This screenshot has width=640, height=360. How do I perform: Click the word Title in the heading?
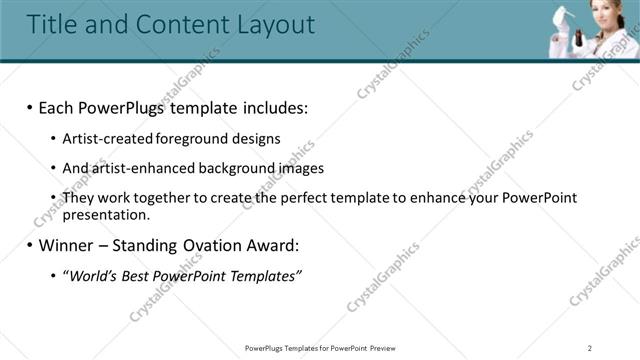click(x=54, y=24)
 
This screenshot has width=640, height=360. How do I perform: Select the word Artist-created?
click(x=103, y=139)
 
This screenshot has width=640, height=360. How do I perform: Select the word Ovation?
click(x=213, y=245)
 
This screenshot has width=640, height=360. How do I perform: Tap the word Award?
click(x=273, y=245)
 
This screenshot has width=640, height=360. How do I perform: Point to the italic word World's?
click(x=89, y=275)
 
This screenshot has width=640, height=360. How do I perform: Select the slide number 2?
click(x=590, y=348)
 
